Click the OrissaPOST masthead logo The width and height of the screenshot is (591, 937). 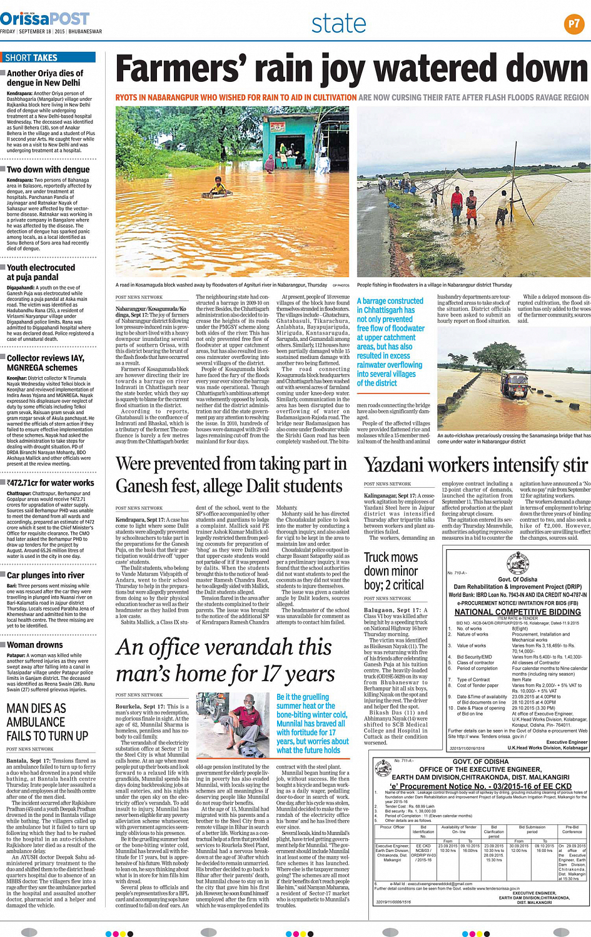tap(44, 19)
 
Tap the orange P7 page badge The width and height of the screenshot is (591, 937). tap(573, 24)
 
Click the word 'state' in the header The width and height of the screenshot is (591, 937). tap(338, 24)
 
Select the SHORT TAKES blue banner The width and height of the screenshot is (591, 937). tap(48, 58)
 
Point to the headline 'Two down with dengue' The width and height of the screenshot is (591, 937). tap(48, 170)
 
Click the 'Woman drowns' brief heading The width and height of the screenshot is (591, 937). tap(34, 645)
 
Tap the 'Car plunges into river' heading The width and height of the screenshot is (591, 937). tap(45, 575)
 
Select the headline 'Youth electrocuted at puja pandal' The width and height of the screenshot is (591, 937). tap(41, 272)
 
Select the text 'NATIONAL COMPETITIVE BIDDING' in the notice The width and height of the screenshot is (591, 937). tap(517, 612)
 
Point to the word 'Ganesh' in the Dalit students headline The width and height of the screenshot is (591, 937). tap(145, 487)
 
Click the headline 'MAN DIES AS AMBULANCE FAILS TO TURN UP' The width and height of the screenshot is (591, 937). tap(48, 722)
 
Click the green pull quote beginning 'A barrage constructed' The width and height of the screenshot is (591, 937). tap(390, 342)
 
